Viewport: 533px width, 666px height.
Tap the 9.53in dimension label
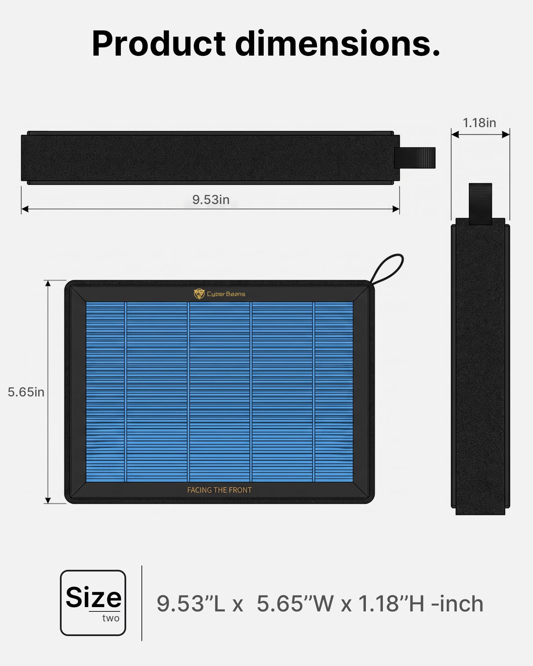[x=211, y=200]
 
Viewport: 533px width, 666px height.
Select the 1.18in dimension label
[x=479, y=123]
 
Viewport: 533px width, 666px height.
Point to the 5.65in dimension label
[x=26, y=392]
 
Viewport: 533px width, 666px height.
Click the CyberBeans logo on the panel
[x=219, y=294]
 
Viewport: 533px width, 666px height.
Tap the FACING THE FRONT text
[x=219, y=490]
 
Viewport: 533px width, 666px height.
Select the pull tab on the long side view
[x=415, y=158]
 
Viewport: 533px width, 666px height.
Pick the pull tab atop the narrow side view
[x=480, y=204]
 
